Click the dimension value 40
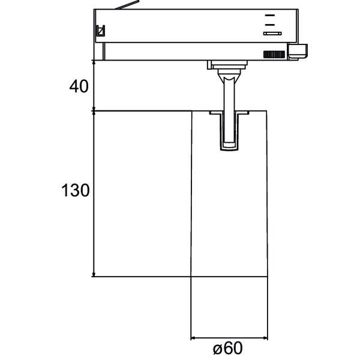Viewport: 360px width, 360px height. click(79, 86)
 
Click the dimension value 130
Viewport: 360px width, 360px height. click(75, 191)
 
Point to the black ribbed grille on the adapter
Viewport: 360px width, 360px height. click(274, 55)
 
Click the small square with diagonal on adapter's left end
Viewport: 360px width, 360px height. click(101, 31)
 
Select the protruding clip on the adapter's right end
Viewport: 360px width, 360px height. click(298, 51)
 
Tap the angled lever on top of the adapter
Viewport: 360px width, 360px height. click(126, 7)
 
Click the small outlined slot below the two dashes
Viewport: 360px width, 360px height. click(272, 34)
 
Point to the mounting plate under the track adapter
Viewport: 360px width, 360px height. click(227, 64)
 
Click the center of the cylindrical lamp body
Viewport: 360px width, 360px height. click(229, 194)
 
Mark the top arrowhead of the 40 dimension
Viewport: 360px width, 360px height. click(94, 63)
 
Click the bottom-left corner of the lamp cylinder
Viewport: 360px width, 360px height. click(191, 277)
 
